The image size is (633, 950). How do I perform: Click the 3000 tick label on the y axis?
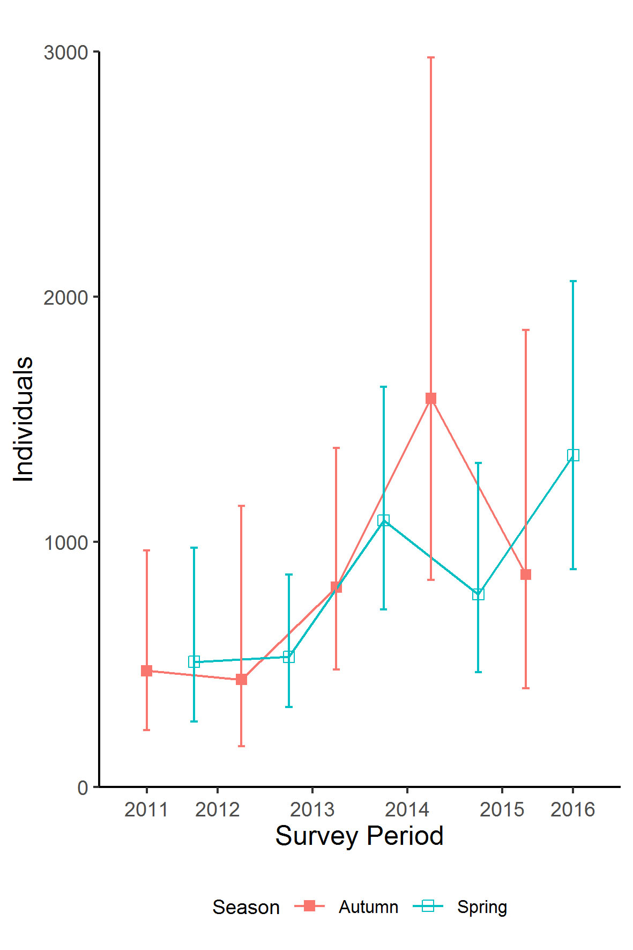coord(65,53)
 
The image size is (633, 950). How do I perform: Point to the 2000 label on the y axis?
coord(65,297)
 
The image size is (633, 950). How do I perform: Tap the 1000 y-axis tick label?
coord(65,542)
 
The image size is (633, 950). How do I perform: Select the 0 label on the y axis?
coord(83,787)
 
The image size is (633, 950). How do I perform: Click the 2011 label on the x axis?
coord(146,809)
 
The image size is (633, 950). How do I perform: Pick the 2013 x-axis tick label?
coord(312,809)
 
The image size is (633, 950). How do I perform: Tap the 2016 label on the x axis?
coord(572,809)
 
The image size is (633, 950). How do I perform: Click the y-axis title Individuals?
coord(24,419)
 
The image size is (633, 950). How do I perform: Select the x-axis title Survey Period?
coord(359,836)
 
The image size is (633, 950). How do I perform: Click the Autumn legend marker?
coord(309,906)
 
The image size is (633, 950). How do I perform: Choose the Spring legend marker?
coord(428,906)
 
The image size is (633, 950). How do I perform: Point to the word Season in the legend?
coord(246,907)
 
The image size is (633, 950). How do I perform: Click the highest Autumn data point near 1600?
coord(431,398)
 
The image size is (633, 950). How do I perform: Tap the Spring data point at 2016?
coord(573,455)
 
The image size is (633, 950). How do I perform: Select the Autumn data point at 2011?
coord(146,671)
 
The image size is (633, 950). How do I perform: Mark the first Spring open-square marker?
coord(194,662)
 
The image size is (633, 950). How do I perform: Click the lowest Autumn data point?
coord(241,679)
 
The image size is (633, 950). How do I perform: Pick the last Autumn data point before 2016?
coord(526,575)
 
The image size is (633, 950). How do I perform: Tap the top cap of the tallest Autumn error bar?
coord(431,57)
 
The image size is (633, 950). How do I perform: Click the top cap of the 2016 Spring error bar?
coord(573,281)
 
